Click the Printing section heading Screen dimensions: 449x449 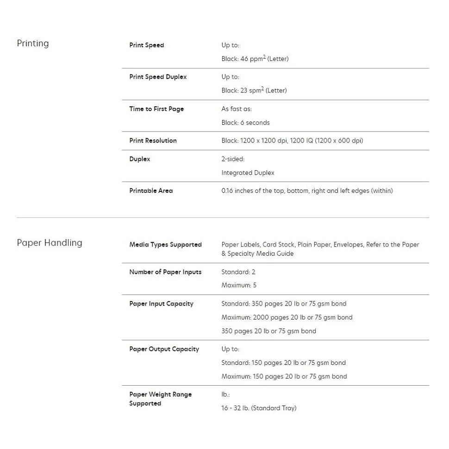pos(32,43)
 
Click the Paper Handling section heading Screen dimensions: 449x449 pos(50,243)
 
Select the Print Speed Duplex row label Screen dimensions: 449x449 pos(158,77)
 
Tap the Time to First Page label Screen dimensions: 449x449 pos(156,109)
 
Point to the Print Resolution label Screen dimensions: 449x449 pos(153,141)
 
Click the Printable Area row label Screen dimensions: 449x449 pos(151,191)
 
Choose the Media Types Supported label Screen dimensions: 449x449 pos(165,245)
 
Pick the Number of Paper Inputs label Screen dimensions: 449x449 pos(165,272)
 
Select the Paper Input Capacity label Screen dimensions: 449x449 pos(161,304)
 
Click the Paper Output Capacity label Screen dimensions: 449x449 pos(164,349)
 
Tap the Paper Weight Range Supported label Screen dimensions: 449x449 pos(160,399)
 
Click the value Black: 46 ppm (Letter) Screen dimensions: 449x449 pos(255,59)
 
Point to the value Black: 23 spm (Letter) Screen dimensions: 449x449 pos(254,91)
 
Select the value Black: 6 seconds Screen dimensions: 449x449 pos(245,123)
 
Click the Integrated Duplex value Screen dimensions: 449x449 pos(248,172)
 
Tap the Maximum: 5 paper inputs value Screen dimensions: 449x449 pos(239,285)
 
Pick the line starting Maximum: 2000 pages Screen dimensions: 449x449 pos(287,317)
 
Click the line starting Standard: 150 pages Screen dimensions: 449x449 pos(283,363)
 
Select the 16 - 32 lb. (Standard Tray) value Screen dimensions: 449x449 pos(259,408)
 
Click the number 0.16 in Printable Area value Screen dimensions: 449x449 pos(227,191)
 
